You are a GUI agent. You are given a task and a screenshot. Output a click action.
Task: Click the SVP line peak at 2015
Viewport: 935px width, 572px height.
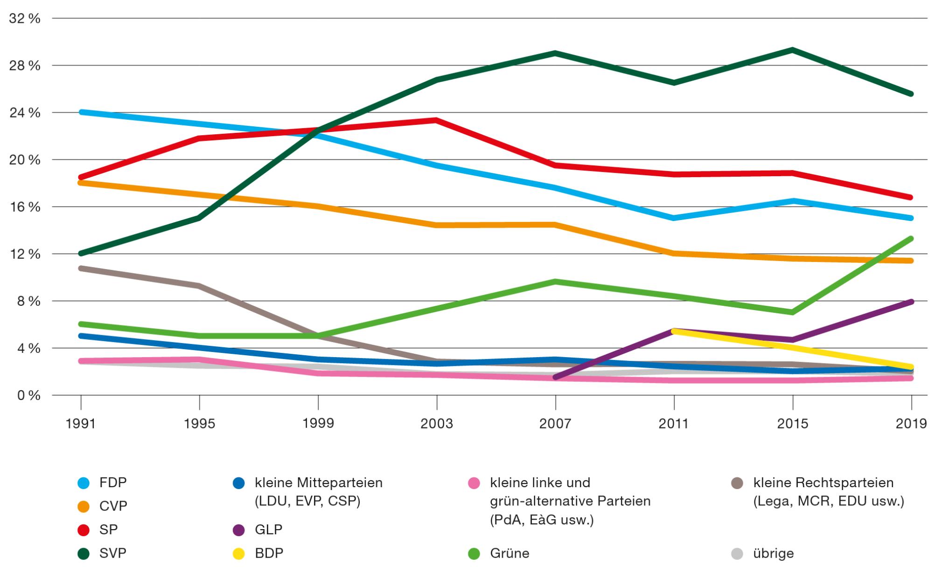(792, 50)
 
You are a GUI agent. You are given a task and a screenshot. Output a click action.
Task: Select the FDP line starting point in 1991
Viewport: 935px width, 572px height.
(82, 112)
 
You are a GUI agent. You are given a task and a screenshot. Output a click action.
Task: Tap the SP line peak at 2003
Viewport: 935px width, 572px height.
(436, 120)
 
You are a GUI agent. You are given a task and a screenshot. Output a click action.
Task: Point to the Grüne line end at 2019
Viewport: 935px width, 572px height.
(911, 239)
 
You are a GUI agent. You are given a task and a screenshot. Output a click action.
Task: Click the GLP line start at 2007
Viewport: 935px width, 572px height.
(555, 377)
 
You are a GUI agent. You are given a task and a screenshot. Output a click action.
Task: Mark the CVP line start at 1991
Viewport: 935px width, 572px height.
(82, 183)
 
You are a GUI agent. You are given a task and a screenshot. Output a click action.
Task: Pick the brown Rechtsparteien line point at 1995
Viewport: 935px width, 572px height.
(200, 286)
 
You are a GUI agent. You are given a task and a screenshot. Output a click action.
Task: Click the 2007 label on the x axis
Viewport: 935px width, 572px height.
(555, 423)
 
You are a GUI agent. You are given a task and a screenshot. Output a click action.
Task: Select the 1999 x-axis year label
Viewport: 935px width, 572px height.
(318, 423)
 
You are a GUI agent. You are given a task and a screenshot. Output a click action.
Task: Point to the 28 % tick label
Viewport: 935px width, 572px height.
(25, 66)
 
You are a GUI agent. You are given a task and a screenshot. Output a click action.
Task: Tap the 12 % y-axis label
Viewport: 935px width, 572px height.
(25, 255)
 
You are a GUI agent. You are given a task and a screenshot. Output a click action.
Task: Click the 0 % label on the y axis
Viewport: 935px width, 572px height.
(28, 396)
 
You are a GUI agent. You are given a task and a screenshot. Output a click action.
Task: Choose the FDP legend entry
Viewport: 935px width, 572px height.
(113, 482)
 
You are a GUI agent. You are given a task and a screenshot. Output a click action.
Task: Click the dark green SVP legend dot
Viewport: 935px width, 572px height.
(83, 554)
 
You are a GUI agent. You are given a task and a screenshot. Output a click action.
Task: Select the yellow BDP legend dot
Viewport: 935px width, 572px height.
(239, 554)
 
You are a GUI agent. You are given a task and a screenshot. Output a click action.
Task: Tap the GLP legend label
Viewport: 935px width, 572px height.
(268, 530)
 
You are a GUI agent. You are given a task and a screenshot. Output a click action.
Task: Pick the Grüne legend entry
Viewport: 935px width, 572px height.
(509, 554)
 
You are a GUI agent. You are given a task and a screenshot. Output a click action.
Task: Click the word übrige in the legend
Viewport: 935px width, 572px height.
(773, 554)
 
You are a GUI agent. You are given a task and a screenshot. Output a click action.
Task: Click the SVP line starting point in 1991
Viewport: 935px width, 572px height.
(82, 254)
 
